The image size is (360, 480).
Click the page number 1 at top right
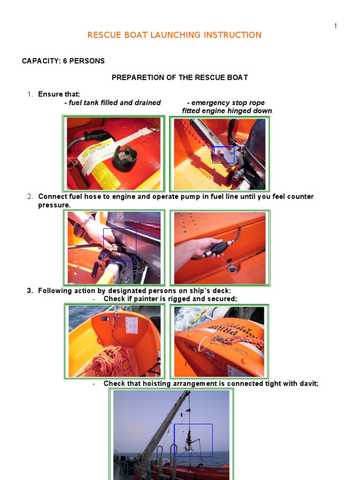[x=335, y=26]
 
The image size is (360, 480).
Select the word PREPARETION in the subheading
[x=135, y=77]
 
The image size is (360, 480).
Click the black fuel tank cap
[x=125, y=159]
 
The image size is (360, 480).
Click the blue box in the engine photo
[x=223, y=154]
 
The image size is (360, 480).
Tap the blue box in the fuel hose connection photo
[x=120, y=244]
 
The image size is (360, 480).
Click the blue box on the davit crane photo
[x=193, y=440]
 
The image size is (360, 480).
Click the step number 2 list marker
[x=30, y=196]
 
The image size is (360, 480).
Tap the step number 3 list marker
[x=30, y=291]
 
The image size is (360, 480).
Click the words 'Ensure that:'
[x=56, y=94]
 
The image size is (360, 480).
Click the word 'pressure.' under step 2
[x=54, y=205]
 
